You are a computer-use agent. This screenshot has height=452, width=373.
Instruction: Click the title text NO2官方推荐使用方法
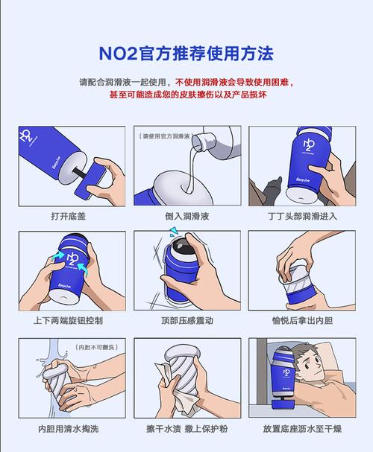click(186, 54)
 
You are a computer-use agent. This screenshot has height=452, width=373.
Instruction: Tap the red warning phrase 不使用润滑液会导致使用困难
click(233, 82)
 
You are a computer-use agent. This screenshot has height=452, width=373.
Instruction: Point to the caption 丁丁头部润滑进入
click(301, 216)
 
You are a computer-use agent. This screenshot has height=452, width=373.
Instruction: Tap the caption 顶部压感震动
click(186, 321)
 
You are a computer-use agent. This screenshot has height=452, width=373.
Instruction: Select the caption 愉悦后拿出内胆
click(301, 321)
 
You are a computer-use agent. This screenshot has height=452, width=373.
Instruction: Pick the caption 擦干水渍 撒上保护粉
click(186, 429)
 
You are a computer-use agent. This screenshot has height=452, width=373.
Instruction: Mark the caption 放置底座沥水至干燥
click(301, 429)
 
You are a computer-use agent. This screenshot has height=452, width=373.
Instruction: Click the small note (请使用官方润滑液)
click(166, 136)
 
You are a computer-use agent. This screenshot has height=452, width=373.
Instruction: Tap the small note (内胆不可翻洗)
click(96, 347)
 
